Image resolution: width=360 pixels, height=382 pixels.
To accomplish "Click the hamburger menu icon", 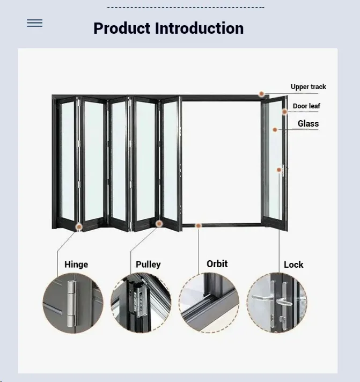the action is point(34,23).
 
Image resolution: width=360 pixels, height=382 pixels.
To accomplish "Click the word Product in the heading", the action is point(122,28).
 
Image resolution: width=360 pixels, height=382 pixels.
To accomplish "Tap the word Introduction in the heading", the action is point(199,28).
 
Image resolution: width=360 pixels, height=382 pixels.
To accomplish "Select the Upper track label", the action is point(308,87).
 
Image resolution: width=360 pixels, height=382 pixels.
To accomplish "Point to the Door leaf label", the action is point(306,106).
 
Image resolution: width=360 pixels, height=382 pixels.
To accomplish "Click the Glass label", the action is point(308,123).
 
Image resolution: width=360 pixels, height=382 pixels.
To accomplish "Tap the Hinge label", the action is point(76,265).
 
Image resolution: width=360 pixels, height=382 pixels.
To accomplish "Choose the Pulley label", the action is point(148,265).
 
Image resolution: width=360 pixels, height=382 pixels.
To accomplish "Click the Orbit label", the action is point(217,264).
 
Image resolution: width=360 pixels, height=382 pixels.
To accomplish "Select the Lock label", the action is point(293,265).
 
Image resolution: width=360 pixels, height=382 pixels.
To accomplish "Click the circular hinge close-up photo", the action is point(73,303).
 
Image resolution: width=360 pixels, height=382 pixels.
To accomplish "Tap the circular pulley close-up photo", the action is point(141,303).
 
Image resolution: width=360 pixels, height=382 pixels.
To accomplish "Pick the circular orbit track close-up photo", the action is point(209,303).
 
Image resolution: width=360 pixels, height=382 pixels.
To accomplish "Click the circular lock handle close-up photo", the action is point(277,303).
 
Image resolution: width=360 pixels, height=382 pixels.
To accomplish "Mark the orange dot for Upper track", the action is point(261,94).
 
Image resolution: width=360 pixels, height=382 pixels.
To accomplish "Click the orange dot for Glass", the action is point(275,130).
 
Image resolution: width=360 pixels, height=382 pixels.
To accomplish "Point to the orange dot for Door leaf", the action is point(284,112).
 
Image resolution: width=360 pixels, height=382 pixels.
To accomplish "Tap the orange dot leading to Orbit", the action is point(199,226).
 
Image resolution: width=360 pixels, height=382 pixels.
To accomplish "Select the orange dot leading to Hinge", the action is point(79,227).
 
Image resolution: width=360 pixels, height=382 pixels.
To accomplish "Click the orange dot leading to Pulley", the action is point(159,223).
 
